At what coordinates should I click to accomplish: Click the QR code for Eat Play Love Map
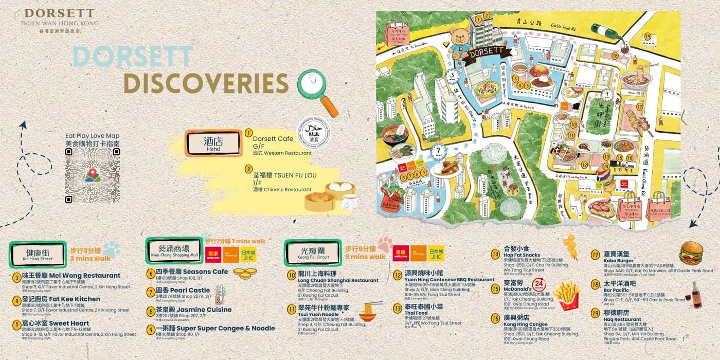click(x=93, y=175)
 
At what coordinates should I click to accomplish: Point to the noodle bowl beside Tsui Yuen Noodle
click(x=371, y=312)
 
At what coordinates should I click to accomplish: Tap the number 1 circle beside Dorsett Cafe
click(x=249, y=133)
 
